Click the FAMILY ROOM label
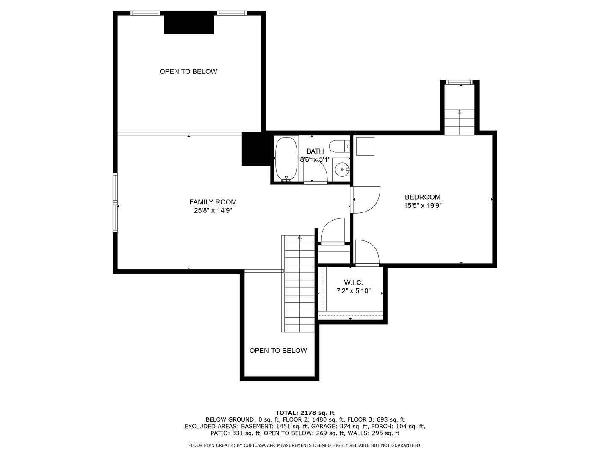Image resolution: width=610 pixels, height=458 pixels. pyautogui.click(x=213, y=202)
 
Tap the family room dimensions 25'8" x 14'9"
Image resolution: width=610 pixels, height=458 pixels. pyautogui.click(x=213, y=210)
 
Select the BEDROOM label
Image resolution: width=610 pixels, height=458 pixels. pyautogui.click(x=422, y=197)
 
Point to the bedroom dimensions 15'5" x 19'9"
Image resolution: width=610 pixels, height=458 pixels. pyautogui.click(x=422, y=205)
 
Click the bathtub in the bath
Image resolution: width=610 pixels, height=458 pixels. pyautogui.click(x=287, y=159)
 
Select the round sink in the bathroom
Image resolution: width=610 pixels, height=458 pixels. pyautogui.click(x=341, y=170)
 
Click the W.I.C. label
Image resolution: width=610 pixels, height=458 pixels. pyautogui.click(x=353, y=282)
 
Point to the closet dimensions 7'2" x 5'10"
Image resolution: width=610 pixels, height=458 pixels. pyautogui.click(x=353, y=291)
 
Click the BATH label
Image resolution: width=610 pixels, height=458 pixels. pyautogui.click(x=315, y=151)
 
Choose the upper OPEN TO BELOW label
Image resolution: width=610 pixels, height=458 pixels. pyautogui.click(x=188, y=71)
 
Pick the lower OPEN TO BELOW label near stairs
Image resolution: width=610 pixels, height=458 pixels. pyautogui.click(x=278, y=351)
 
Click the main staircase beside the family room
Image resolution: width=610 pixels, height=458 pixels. pyautogui.click(x=299, y=284)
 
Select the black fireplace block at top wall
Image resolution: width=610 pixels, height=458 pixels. pyautogui.click(x=189, y=24)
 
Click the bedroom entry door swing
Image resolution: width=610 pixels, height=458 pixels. pyautogui.click(x=366, y=200)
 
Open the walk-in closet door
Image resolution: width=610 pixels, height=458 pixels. pyautogui.click(x=367, y=253)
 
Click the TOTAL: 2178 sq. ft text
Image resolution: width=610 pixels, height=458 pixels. pyautogui.click(x=305, y=412)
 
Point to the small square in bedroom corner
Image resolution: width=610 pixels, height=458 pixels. pyautogui.click(x=365, y=146)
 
